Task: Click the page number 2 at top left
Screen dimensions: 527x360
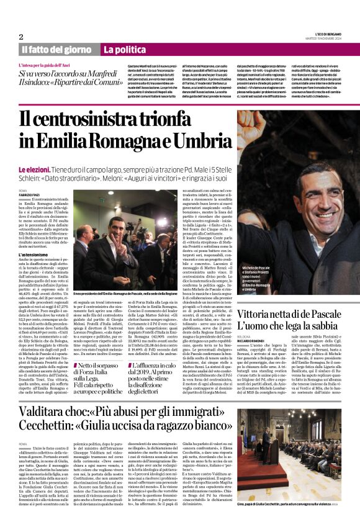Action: coord(21,37)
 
